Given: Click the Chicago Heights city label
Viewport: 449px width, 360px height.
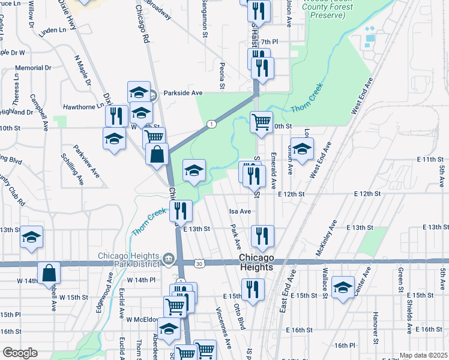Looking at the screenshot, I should pos(257,262).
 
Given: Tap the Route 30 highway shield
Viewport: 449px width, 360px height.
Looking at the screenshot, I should pos(199,263).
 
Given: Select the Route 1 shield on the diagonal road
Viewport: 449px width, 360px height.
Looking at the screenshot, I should pos(211,124).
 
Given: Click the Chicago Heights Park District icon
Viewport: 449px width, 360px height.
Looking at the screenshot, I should pos(169,259).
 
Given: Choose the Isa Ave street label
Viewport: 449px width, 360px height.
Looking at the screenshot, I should pos(240,211).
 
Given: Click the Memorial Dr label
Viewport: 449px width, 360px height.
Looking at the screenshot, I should pos(32,68).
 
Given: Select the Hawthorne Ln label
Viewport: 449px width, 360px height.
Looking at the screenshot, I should pos(83,106).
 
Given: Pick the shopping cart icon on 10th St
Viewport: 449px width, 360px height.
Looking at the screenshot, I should pos(261,122).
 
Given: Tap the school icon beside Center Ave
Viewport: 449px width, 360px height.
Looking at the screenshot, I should pos(343,287).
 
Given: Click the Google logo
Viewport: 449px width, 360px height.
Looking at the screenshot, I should pos(20,353).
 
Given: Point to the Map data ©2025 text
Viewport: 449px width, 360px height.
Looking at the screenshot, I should pos(423,355).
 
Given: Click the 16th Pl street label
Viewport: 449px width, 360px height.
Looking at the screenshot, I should pos(346,346).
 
